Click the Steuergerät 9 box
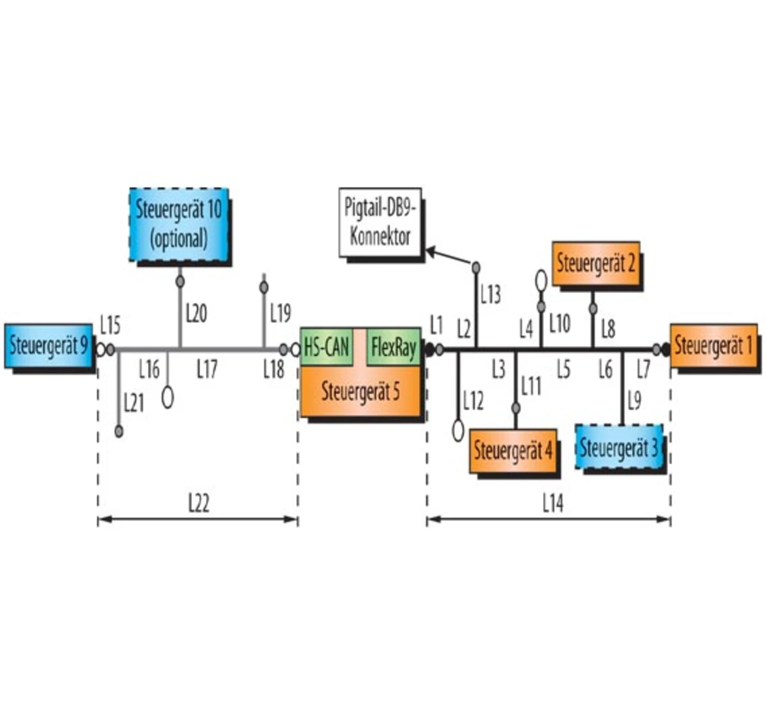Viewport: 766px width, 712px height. [x=48, y=346]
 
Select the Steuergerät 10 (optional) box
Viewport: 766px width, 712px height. [x=179, y=224]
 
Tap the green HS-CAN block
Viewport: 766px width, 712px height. [x=327, y=346]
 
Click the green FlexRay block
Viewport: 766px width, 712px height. [x=393, y=346]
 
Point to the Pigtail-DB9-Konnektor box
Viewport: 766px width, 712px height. [x=380, y=222]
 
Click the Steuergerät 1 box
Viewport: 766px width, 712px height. [x=713, y=345]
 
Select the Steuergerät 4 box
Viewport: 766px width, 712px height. [x=513, y=451]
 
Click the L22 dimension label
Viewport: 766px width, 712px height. [x=199, y=504]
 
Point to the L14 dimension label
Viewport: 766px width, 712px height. [x=553, y=504]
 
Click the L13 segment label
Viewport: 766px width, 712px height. [x=491, y=294]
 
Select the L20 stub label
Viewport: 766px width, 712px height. [x=196, y=312]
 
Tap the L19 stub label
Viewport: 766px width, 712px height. [x=280, y=312]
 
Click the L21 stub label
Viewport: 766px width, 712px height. [x=134, y=403]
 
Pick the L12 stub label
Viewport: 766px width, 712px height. [x=473, y=401]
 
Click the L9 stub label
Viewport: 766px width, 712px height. [x=634, y=400]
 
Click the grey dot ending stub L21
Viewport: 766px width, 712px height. [x=119, y=431]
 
